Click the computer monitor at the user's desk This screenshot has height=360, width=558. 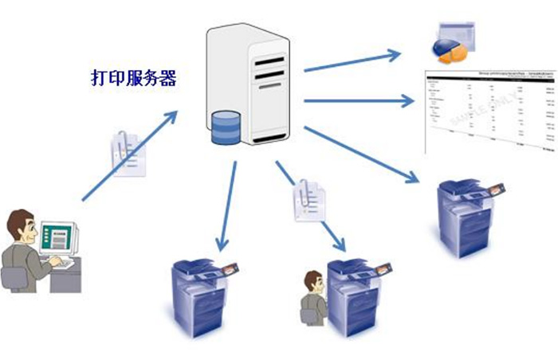coord(62,234)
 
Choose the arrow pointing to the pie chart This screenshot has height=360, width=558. coord(351,62)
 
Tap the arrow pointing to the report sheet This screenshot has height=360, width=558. coord(359,101)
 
